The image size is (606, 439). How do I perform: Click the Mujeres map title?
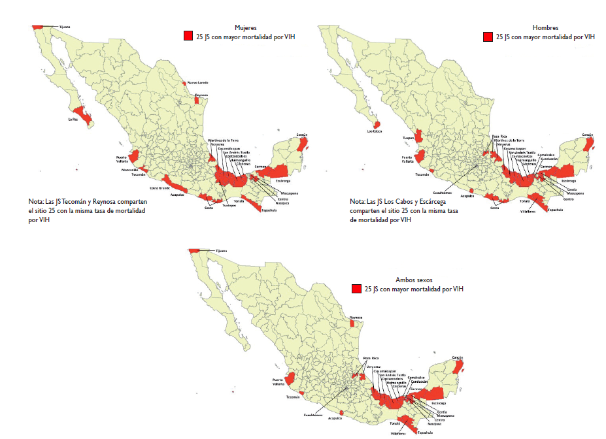(x=246, y=28)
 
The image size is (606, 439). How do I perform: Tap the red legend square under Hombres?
(x=488, y=37)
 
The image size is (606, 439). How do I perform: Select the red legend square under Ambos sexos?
(x=356, y=289)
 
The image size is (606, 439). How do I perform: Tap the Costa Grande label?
(x=160, y=188)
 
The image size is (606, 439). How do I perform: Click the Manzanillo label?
(x=130, y=170)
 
